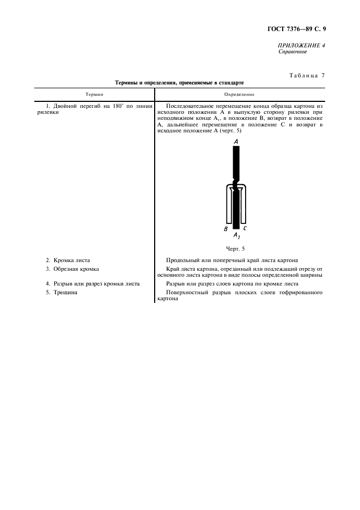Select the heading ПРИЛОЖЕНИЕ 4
tap(301, 45)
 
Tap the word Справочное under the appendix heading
tap(292, 52)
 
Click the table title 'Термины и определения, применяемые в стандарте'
tap(180, 83)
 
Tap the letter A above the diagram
tap(236, 141)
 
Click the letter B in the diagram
tap(225, 229)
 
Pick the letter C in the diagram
tap(245, 229)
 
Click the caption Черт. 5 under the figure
tap(236, 248)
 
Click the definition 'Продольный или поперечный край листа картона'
tap(231, 260)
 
